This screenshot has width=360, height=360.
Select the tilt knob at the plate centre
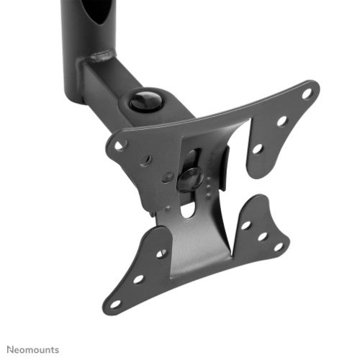point(189,177)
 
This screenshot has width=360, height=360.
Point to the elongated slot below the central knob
point(188,208)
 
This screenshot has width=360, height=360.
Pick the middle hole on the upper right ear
point(282,121)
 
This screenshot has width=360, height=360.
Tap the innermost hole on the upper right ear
point(257,149)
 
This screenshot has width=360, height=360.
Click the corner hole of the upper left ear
point(120,145)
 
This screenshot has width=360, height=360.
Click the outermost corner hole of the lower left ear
point(115,303)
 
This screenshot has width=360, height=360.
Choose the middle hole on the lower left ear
point(138,278)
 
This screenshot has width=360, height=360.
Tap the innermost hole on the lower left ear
point(161,253)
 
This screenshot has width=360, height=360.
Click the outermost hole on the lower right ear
point(278,246)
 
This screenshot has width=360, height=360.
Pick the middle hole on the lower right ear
point(262,235)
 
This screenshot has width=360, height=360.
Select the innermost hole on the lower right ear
point(247,225)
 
